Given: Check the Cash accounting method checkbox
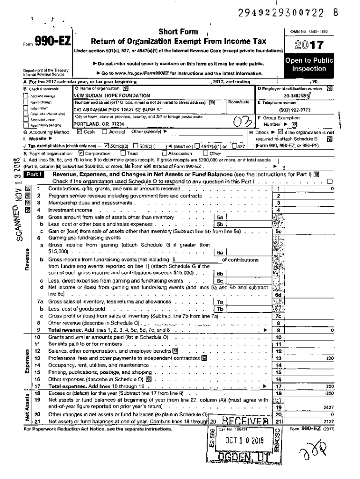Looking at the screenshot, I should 79,132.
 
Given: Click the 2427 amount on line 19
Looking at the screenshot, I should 328,407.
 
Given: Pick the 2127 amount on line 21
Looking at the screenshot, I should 328,421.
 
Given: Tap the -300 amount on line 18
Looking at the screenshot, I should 329,394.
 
